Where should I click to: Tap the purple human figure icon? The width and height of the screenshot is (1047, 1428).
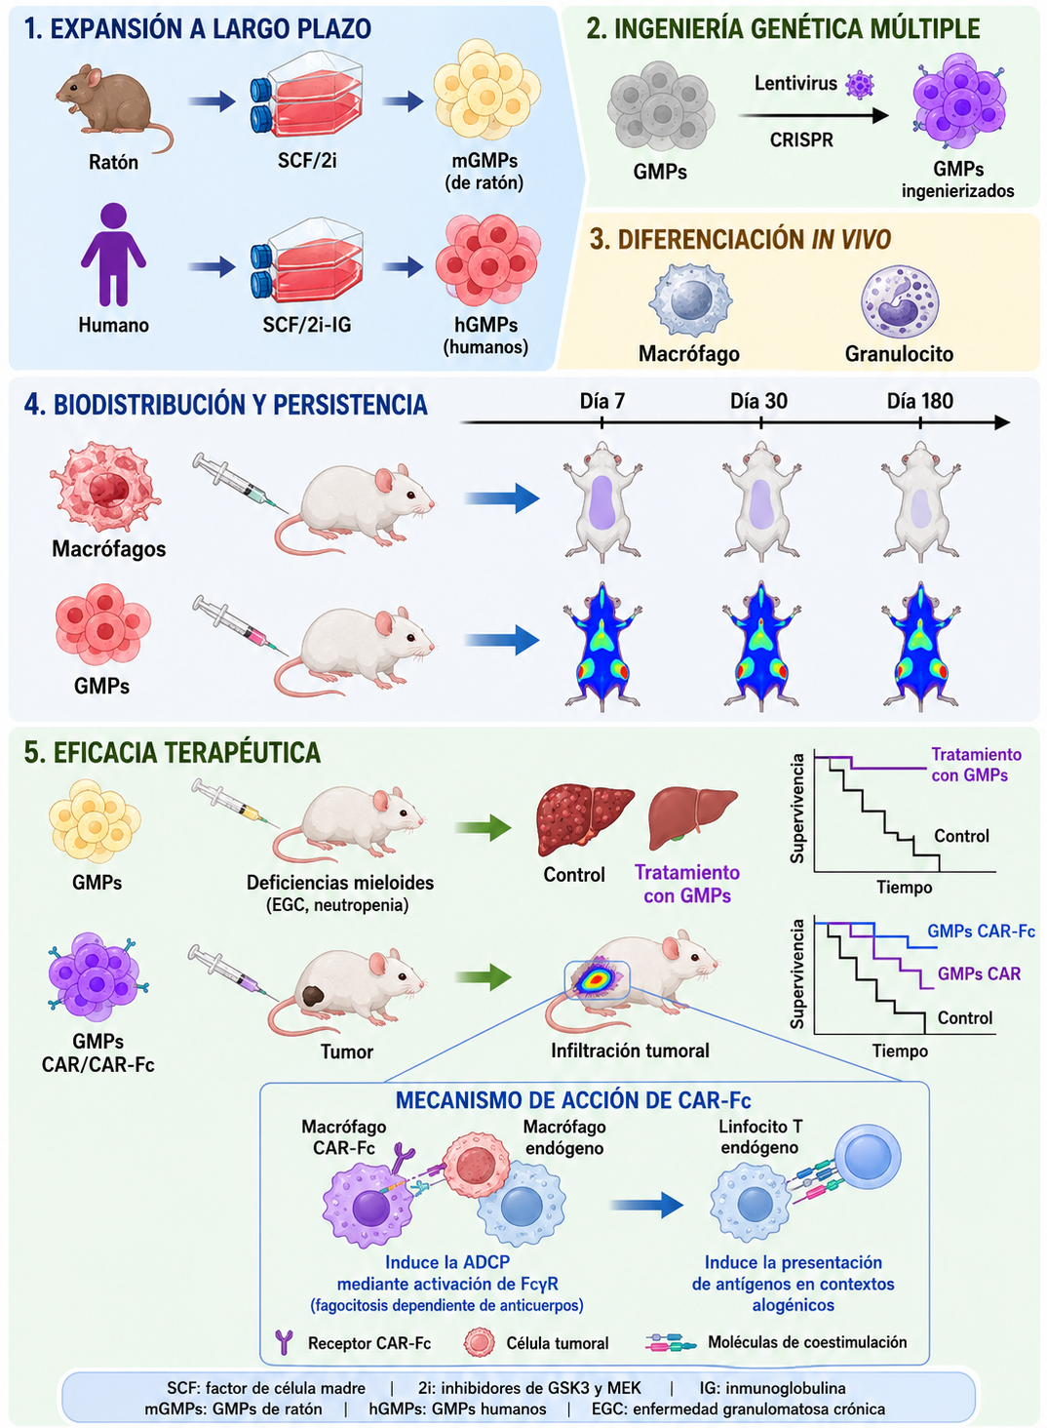pyautogui.click(x=113, y=255)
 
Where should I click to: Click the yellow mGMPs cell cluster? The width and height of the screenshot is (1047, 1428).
pyautogui.click(x=486, y=90)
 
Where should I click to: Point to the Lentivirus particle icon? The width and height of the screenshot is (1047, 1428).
pyautogui.click(x=860, y=85)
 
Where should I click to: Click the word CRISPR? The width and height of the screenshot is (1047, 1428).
pyautogui.click(x=801, y=139)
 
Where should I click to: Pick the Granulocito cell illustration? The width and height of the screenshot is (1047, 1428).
pyautogui.click(x=900, y=300)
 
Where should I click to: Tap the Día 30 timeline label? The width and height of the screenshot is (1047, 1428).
pyautogui.click(x=758, y=401)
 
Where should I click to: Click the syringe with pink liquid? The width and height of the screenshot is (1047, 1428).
pyautogui.click(x=240, y=625)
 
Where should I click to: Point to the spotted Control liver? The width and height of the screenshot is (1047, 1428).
pyautogui.click(x=585, y=820)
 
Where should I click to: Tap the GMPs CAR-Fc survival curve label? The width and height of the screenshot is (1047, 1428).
pyautogui.click(x=981, y=931)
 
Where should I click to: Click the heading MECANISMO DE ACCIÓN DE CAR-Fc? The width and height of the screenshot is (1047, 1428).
pyautogui.click(x=573, y=1100)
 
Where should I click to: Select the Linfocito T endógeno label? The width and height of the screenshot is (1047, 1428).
pyautogui.click(x=759, y=1137)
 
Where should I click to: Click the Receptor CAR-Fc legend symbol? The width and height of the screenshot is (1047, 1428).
pyautogui.click(x=284, y=1342)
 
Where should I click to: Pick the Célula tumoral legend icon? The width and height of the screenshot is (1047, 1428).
pyautogui.click(x=480, y=1342)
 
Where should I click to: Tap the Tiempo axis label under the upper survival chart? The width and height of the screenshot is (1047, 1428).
pyautogui.click(x=904, y=887)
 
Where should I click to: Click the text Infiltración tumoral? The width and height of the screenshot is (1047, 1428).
pyautogui.click(x=630, y=1050)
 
